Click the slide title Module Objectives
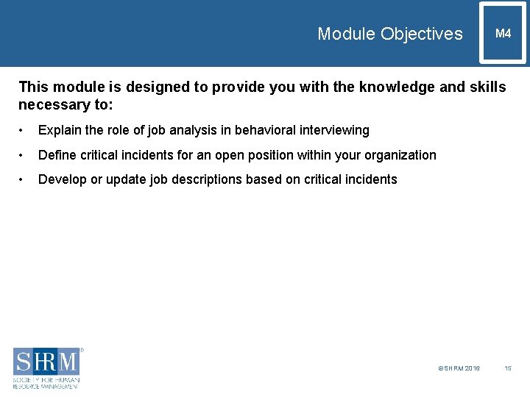(390, 34)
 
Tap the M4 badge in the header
(503, 34)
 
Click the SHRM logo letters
(46, 362)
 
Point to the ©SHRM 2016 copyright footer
(459, 368)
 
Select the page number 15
(507, 368)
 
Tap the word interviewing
(334, 130)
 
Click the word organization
(402, 155)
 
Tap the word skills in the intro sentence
(487, 87)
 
